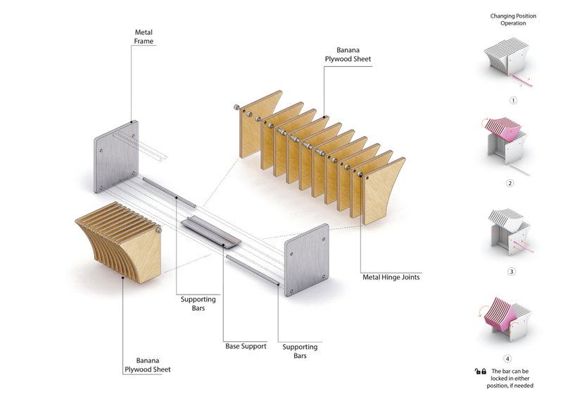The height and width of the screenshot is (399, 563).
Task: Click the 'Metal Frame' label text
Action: [x=144, y=37]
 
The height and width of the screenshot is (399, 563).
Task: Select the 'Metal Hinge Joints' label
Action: [x=391, y=277]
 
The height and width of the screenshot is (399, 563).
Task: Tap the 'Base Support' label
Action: [x=246, y=346]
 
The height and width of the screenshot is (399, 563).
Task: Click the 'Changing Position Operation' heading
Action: [x=513, y=19]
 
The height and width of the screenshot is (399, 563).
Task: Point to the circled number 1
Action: [x=513, y=100]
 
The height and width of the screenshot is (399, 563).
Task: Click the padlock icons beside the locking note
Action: [x=481, y=371]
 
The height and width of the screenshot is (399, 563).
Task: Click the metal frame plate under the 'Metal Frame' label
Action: [x=117, y=156]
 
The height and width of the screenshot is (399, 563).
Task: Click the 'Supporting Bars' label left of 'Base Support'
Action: [x=198, y=304]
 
